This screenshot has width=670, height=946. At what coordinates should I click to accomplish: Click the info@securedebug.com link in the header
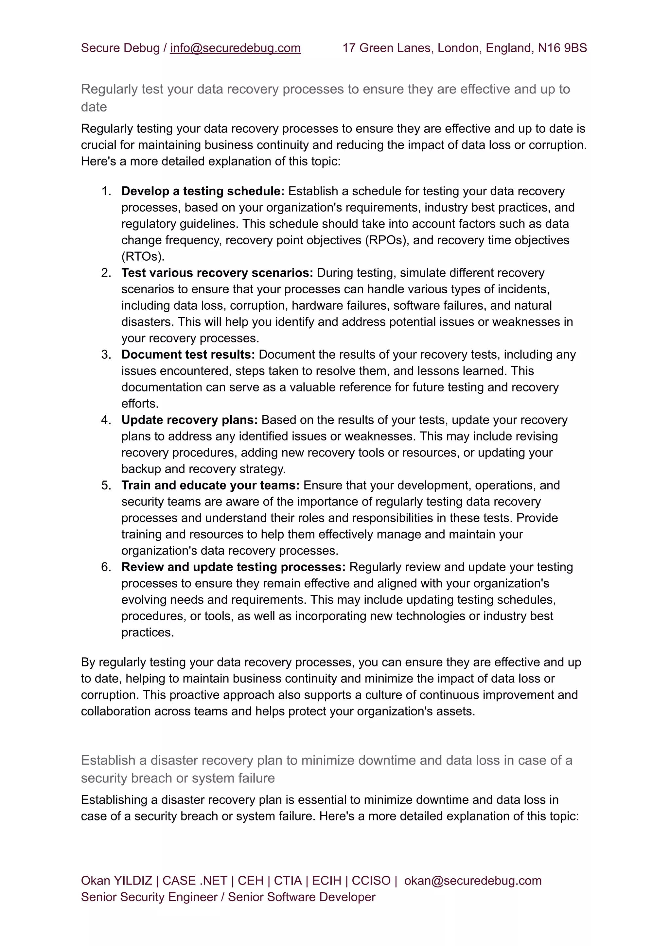click(235, 48)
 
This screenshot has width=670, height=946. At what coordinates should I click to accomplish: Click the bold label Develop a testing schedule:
click(203, 191)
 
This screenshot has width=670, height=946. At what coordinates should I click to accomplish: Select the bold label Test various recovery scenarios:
click(217, 273)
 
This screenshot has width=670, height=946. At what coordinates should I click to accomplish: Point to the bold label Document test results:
click(188, 355)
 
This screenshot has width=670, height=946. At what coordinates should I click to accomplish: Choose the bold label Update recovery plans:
click(189, 420)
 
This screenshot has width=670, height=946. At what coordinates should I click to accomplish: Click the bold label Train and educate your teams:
click(210, 485)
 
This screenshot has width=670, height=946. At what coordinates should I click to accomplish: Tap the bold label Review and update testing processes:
click(233, 567)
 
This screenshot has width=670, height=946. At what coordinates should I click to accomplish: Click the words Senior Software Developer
click(302, 897)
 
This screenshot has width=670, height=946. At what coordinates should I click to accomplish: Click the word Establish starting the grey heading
click(114, 760)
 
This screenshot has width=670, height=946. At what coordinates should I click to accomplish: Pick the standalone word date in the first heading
click(94, 107)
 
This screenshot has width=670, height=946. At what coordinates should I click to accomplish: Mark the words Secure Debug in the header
click(120, 48)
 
